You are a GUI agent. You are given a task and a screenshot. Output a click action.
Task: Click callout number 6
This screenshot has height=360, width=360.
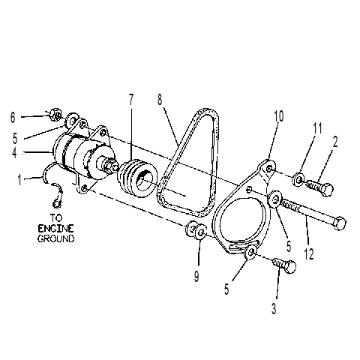(13, 117)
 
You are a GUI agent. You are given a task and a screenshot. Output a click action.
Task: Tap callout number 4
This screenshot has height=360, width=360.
(14, 153)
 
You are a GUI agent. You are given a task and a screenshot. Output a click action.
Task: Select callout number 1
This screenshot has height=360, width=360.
(19, 179)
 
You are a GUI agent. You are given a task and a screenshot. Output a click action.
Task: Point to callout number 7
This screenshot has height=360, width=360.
(131, 99)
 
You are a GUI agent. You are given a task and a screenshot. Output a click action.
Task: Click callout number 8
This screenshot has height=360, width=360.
(160, 99)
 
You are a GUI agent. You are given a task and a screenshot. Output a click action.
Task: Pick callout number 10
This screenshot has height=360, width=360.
(278, 116)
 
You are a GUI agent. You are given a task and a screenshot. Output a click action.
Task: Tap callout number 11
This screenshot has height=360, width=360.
(317, 128)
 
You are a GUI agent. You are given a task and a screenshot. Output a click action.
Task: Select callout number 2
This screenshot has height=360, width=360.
(335, 142)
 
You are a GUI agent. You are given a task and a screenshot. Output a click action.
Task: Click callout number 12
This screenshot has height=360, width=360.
(309, 254)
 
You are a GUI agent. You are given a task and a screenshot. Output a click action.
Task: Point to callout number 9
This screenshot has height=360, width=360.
(196, 276)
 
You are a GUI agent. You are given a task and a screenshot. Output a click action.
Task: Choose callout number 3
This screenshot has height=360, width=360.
(274, 308)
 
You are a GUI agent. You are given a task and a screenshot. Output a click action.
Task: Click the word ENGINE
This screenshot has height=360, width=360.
(55, 229)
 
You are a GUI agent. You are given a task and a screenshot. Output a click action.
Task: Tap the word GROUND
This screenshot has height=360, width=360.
(56, 238)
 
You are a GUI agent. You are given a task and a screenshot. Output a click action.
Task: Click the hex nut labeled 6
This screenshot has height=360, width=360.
(56, 115)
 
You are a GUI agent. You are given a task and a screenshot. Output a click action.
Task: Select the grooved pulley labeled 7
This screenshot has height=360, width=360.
(136, 179)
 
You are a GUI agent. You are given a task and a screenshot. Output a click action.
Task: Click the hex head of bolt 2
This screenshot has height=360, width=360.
(327, 190)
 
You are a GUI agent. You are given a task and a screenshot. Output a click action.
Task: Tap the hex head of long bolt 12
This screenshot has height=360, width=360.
(339, 223)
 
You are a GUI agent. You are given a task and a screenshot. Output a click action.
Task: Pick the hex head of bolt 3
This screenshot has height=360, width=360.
(290, 267)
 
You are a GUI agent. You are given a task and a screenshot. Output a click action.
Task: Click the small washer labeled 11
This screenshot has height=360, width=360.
(298, 179)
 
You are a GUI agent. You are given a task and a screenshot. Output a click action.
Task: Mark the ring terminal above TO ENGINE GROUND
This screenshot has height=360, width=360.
(57, 202)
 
